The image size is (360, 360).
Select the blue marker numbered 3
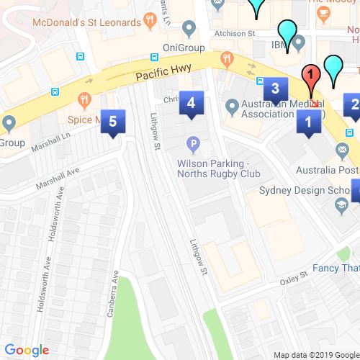tap(274, 90)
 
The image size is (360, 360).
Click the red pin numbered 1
tap(310, 75)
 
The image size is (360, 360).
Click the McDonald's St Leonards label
tap(86, 22)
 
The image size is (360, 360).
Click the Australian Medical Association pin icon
tap(232, 107)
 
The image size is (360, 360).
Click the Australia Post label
tap(328, 171)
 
